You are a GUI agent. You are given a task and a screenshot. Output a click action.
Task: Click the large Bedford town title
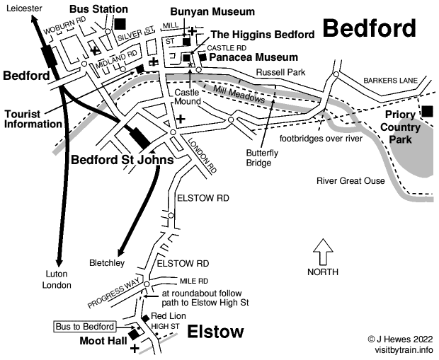369,28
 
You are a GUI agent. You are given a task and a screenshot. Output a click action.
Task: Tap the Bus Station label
99,9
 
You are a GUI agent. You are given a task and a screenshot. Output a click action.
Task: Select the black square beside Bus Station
120,23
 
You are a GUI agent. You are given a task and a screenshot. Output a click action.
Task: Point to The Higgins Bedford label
262,35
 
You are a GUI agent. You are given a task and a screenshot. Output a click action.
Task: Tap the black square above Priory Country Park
427,111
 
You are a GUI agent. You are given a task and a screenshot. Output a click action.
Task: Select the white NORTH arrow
322,250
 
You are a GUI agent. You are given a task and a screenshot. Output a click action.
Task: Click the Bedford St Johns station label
122,159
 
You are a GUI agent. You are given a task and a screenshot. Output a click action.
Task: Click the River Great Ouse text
350,181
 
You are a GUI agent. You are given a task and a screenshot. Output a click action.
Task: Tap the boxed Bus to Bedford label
86,326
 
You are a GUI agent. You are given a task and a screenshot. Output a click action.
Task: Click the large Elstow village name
215,332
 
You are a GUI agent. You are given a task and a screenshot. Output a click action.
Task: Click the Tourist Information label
33,118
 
